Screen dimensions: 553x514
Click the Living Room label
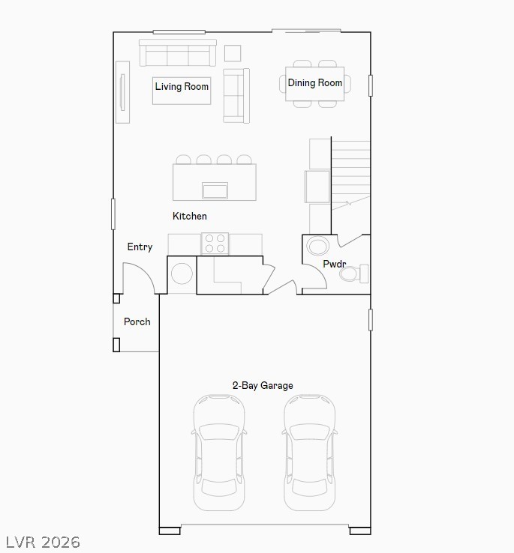(182, 87)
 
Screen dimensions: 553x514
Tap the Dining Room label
(315, 83)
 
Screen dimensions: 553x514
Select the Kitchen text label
(190, 217)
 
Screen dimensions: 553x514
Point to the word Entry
(140, 247)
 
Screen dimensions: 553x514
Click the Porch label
(137, 322)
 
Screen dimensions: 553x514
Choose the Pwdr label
(335, 265)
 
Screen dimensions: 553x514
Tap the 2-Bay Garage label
(263, 386)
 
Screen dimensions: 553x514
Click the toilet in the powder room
(353, 274)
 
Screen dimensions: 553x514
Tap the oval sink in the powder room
(318, 247)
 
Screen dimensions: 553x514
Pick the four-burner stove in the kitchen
(215, 244)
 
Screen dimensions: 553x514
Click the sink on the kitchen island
(215, 190)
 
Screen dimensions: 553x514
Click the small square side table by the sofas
(233, 53)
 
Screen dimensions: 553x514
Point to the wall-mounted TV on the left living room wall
(122, 92)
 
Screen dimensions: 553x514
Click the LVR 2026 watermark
(43, 542)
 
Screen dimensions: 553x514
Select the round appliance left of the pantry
(182, 274)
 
